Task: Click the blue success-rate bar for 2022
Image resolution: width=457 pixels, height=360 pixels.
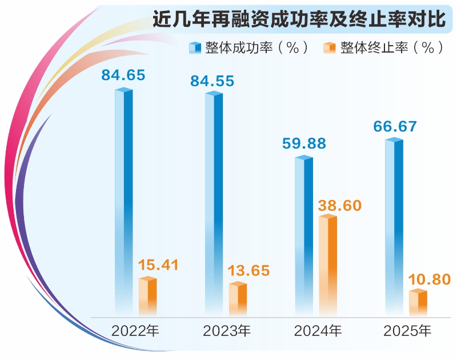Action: [x=123, y=200]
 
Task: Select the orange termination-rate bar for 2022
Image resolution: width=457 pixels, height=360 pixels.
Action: [x=147, y=295]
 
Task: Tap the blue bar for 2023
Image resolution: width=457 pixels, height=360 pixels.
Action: [x=214, y=203]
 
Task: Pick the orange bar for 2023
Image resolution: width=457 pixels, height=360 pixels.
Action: [x=238, y=298]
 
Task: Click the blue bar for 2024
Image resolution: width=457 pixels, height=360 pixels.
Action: [x=304, y=234]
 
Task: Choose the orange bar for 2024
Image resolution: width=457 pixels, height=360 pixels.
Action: [x=328, y=265]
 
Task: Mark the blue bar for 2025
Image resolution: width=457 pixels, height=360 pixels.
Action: [x=394, y=226]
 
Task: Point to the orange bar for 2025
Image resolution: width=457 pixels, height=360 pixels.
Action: [x=418, y=302]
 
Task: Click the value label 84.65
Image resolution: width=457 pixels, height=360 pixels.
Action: [x=123, y=74]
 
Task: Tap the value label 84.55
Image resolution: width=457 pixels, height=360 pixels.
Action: [x=213, y=82]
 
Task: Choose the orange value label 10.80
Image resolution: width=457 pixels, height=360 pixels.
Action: [x=429, y=280]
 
